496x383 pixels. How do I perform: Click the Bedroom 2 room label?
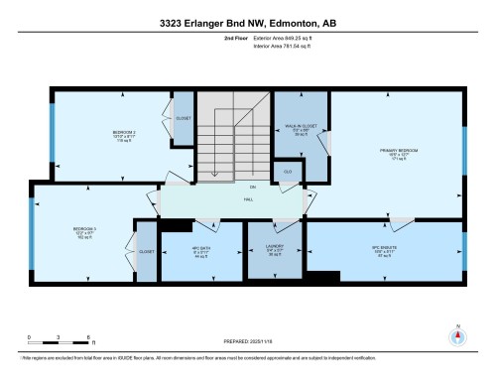(x=123, y=136)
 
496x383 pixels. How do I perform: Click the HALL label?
(x=249, y=198)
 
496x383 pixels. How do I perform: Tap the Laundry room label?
(x=275, y=252)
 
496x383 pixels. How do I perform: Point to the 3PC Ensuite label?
(x=383, y=252)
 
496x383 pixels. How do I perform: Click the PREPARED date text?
(x=247, y=343)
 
